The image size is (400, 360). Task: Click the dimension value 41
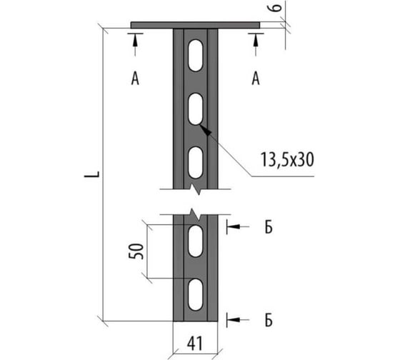(x=195, y=344)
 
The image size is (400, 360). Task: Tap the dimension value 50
(x=136, y=251)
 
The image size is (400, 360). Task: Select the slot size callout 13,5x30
(x=287, y=160)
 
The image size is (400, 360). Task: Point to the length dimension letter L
(x=92, y=174)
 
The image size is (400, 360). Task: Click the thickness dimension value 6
(x=275, y=8)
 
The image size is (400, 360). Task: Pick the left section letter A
(x=135, y=79)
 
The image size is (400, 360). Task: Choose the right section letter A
(x=256, y=79)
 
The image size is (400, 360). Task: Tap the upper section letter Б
(x=269, y=227)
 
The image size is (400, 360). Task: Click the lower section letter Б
(x=269, y=320)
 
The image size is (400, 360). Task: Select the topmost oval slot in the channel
(x=196, y=55)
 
